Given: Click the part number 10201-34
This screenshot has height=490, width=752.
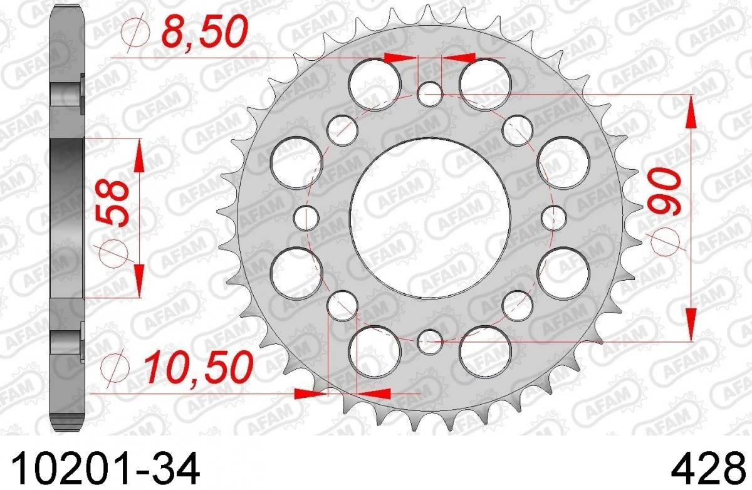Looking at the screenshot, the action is [x=106, y=468].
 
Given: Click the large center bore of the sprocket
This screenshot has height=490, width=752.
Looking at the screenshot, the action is [x=430, y=218].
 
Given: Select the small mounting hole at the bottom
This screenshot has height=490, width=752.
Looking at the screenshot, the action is [x=430, y=342].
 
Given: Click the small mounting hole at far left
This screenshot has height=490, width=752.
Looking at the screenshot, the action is [x=306, y=218].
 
